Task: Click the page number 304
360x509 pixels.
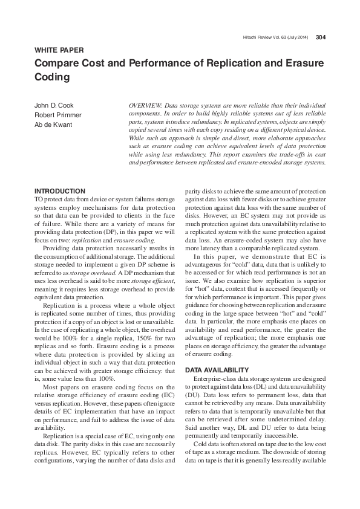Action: point(321,37)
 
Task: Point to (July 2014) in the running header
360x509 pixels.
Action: point(296,37)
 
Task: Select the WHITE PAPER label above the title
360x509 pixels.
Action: point(59,50)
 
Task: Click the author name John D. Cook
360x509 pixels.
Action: point(54,105)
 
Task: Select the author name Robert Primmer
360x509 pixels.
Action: point(58,115)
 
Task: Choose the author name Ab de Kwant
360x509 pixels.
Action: point(54,125)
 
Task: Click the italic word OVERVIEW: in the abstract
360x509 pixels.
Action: point(147,105)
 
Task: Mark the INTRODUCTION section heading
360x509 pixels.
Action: point(60,191)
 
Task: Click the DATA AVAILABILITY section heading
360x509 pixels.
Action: point(217,369)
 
